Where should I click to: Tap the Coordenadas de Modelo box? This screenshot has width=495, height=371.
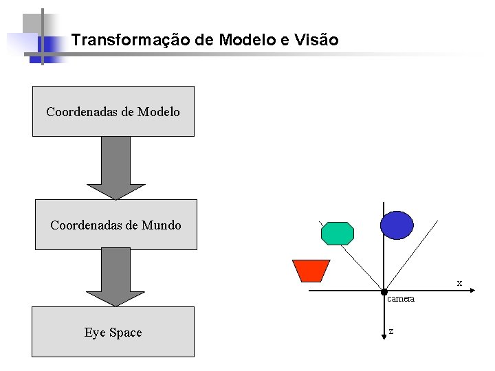(113, 111)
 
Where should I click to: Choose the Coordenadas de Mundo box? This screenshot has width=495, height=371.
(115, 225)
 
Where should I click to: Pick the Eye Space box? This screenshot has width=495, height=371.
(113, 332)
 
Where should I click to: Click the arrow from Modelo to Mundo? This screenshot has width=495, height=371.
(116, 168)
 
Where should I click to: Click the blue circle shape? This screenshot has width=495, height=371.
(397, 225)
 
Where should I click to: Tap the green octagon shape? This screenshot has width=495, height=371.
(338, 234)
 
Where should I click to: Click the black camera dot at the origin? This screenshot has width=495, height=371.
(384, 292)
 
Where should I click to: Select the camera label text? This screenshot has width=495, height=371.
(401, 300)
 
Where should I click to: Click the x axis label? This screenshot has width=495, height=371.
(459, 283)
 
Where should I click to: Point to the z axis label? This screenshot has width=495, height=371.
(391, 331)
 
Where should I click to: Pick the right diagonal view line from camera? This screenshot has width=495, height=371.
(411, 256)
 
